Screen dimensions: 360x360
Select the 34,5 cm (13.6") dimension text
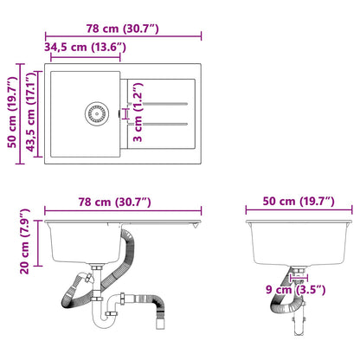[85, 47]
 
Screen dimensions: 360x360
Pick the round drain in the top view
[94, 112]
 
